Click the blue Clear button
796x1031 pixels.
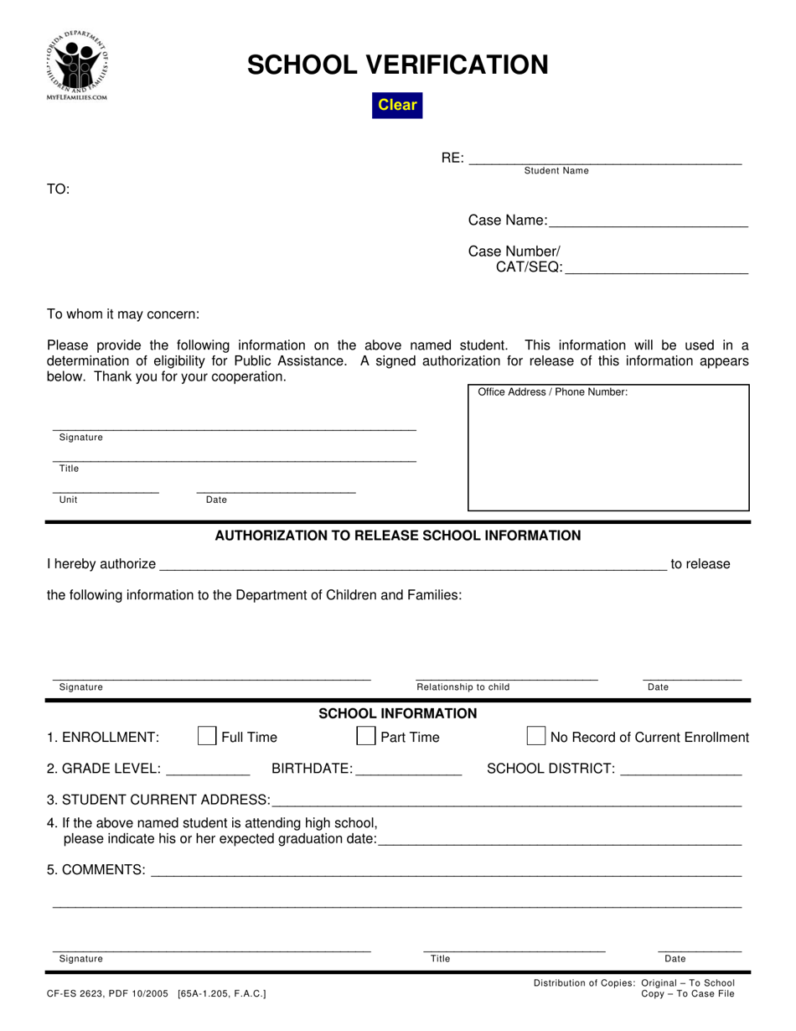397,105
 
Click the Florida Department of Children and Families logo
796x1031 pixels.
78,65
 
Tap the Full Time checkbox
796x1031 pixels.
206,736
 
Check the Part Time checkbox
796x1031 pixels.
365,736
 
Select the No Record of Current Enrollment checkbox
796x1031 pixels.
535,736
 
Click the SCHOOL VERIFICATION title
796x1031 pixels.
397,65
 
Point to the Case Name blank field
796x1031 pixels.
648,220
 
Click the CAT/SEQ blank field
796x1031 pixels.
656,267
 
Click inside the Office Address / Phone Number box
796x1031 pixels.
607,453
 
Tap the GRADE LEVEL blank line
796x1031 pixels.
209,769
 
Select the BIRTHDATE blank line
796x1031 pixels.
408,769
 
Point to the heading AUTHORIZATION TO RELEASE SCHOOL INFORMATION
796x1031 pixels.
398,536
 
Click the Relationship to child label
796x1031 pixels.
463,687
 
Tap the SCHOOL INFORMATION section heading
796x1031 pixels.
398,713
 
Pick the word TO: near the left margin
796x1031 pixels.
58,189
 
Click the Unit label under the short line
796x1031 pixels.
68,500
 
